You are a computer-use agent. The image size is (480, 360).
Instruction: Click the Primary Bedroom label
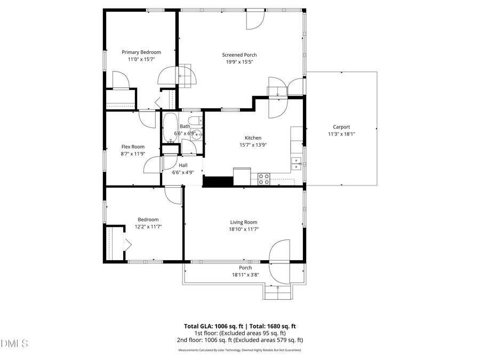(141, 52)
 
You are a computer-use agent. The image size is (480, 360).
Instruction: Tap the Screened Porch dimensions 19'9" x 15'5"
(239, 62)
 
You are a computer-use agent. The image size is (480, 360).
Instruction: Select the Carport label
(341, 127)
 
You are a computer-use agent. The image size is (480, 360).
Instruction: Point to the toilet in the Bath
(195, 121)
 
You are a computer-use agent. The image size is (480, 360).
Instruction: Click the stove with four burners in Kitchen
(263, 179)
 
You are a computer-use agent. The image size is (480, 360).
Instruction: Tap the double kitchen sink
(296, 162)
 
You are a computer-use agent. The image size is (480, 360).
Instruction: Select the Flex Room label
(133, 147)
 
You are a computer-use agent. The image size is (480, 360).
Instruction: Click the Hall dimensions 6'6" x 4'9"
(183, 172)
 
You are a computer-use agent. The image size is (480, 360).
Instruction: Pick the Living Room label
(244, 222)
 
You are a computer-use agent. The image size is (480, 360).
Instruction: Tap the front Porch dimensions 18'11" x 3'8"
(245, 275)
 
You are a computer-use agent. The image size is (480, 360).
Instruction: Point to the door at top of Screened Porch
(254, 20)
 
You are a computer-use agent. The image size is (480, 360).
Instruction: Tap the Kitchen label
(253, 138)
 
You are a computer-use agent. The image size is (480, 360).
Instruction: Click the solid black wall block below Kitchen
(218, 181)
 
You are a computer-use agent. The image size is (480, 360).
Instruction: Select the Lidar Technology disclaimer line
(240, 350)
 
